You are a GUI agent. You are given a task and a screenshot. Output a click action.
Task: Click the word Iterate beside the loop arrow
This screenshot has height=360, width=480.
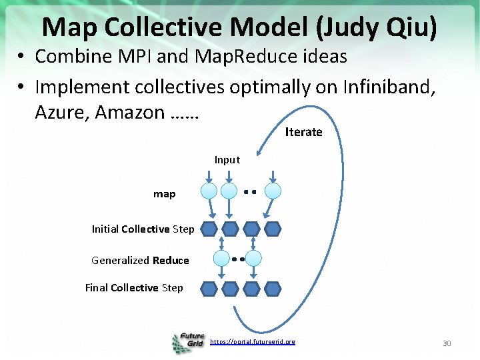tap(303, 132)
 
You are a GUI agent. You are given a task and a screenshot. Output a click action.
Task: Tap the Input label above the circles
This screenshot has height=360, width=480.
tap(227, 160)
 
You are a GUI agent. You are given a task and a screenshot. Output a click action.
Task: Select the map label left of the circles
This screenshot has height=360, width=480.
tap(165, 194)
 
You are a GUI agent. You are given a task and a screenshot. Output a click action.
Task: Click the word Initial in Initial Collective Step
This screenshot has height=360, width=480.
tap(105, 229)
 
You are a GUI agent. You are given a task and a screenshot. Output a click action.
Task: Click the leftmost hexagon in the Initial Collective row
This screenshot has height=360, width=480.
tap(209, 230)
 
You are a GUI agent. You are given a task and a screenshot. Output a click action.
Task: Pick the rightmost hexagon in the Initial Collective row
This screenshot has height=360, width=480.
tap(273, 230)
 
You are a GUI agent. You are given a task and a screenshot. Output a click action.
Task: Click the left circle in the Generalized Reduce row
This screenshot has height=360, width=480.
tap(221, 259)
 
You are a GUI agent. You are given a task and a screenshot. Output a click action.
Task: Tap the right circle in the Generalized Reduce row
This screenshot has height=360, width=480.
tap(253, 259)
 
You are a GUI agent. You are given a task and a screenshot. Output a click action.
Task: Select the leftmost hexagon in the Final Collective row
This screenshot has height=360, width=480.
tap(209, 289)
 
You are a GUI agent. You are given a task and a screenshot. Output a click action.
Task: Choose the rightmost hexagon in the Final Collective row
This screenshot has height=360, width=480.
tap(273, 289)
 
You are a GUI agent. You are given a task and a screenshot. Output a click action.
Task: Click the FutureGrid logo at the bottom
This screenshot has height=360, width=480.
tap(189, 342)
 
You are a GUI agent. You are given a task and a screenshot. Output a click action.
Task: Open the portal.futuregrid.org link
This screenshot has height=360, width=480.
tap(252, 342)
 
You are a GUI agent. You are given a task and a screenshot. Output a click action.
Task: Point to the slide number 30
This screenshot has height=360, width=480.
tap(447, 343)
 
